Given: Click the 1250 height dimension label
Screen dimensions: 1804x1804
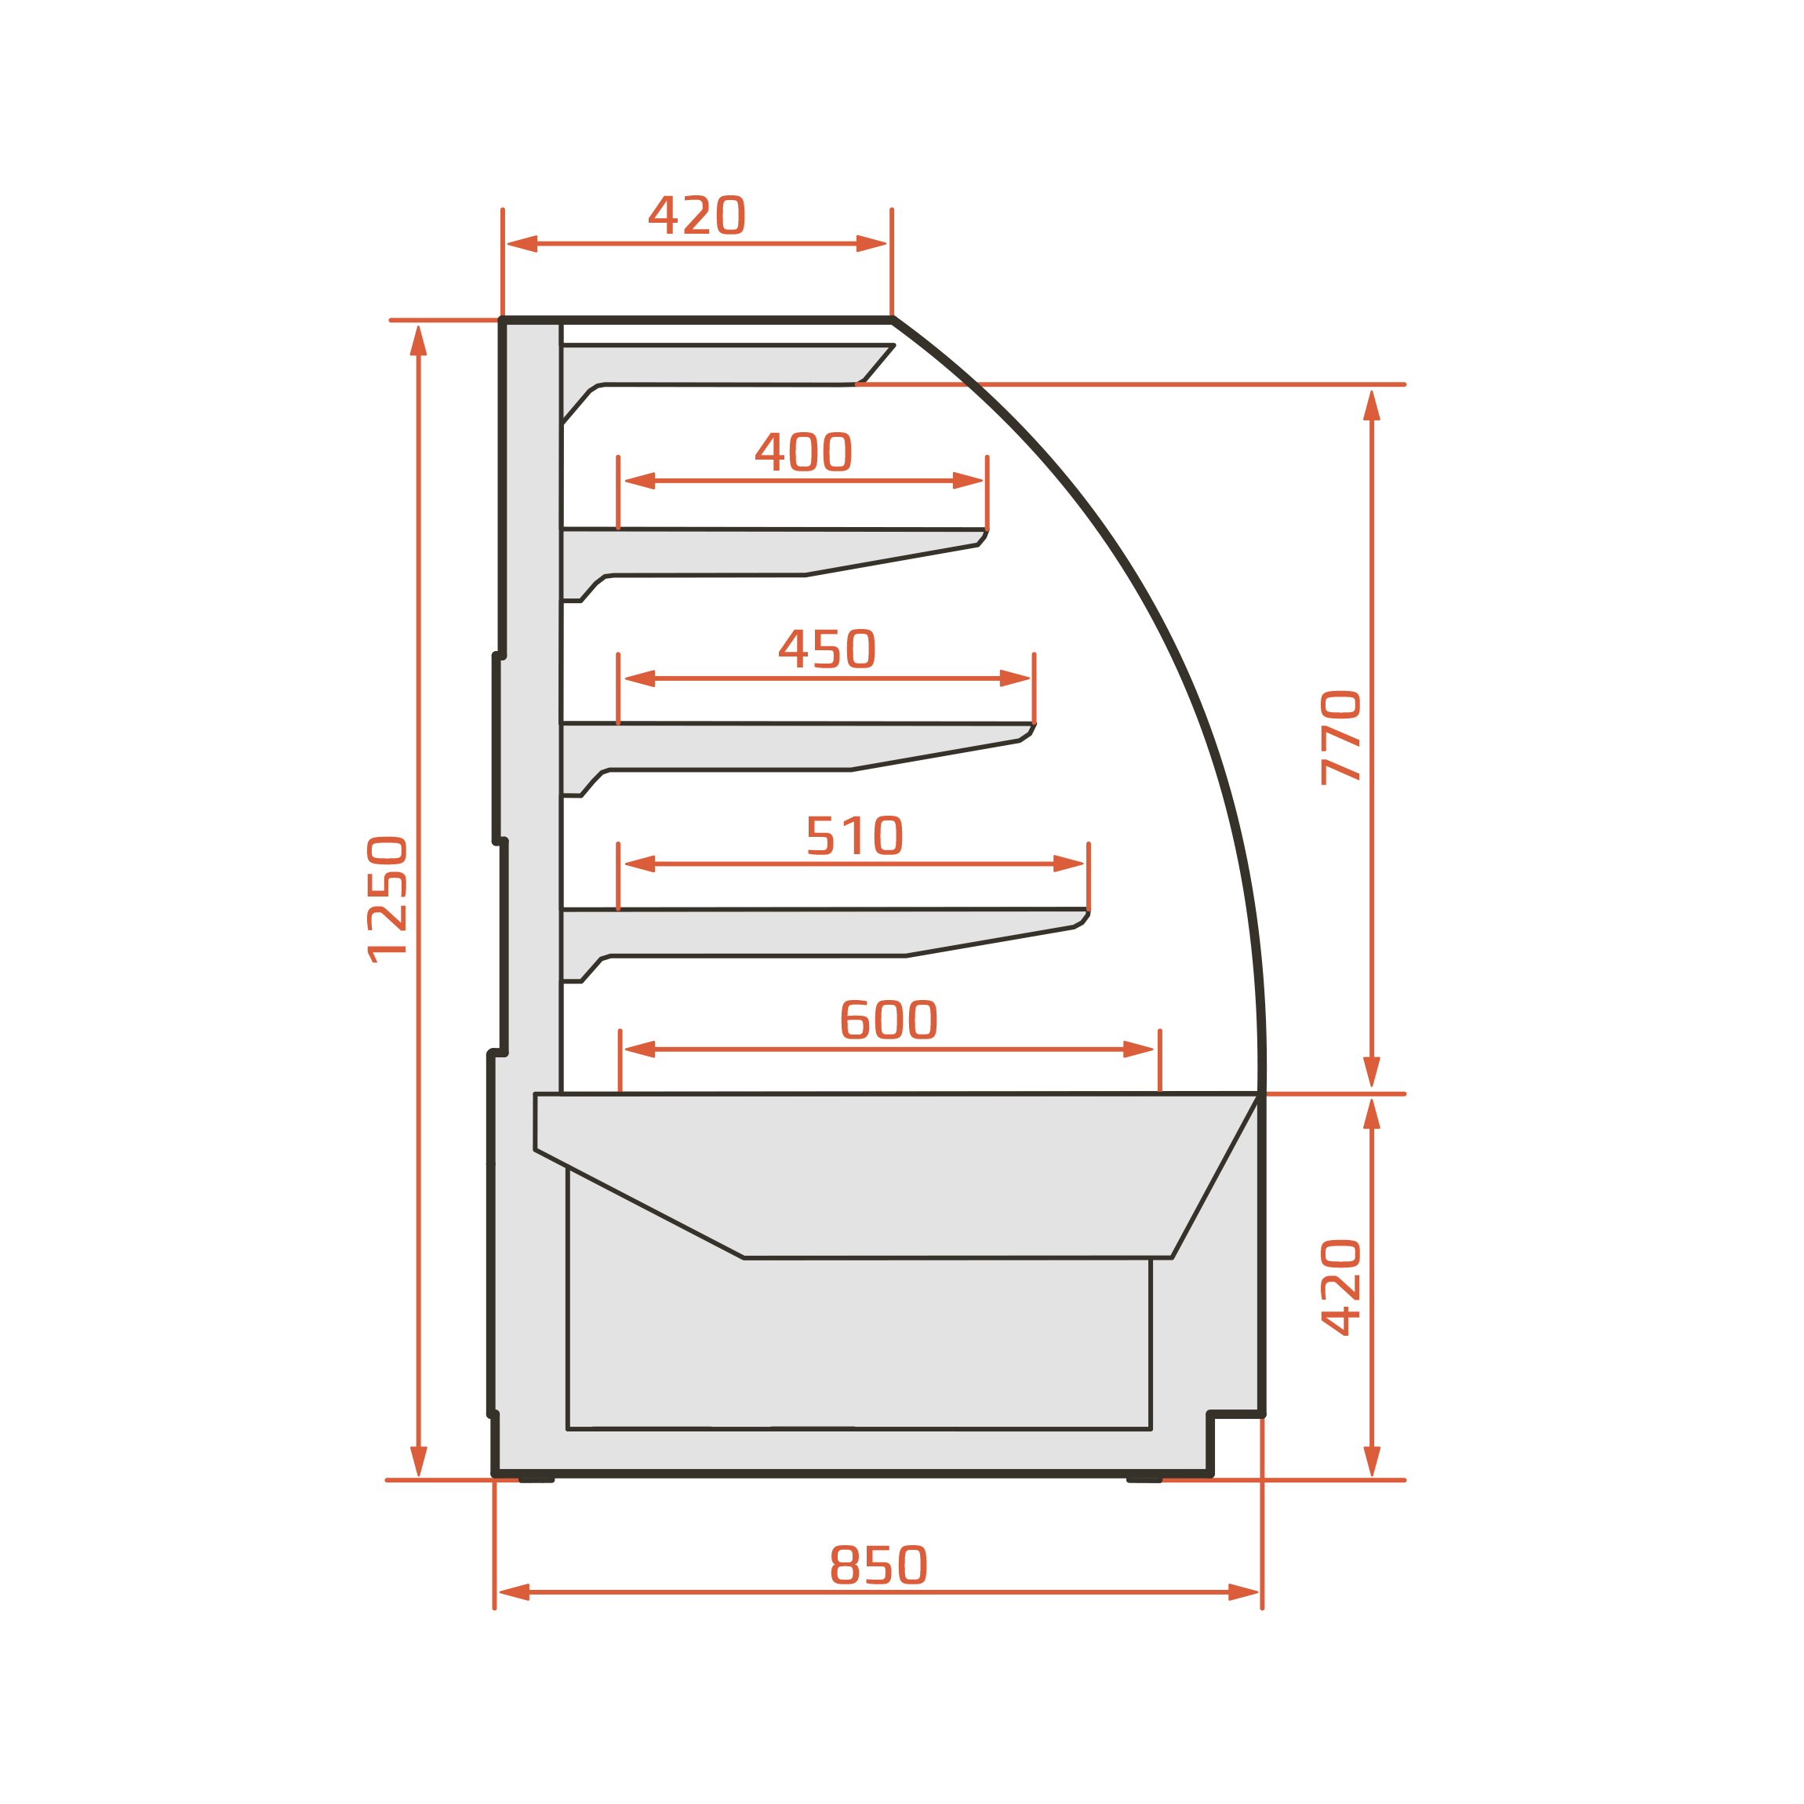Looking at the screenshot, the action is click(x=387, y=899).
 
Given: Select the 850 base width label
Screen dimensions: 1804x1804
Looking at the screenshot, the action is click(x=878, y=1565).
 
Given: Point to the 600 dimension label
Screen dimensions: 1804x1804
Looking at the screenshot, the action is click(x=889, y=1020).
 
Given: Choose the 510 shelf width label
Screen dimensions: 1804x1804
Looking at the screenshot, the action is click(x=854, y=835).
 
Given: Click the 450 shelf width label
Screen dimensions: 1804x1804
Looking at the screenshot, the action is click(x=827, y=649).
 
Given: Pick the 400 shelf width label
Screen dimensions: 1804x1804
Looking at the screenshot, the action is click(x=804, y=452).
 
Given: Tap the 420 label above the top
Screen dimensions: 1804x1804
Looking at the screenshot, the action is click(x=697, y=215).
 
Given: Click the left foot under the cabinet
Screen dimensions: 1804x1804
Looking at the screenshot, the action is click(x=537, y=1479).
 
